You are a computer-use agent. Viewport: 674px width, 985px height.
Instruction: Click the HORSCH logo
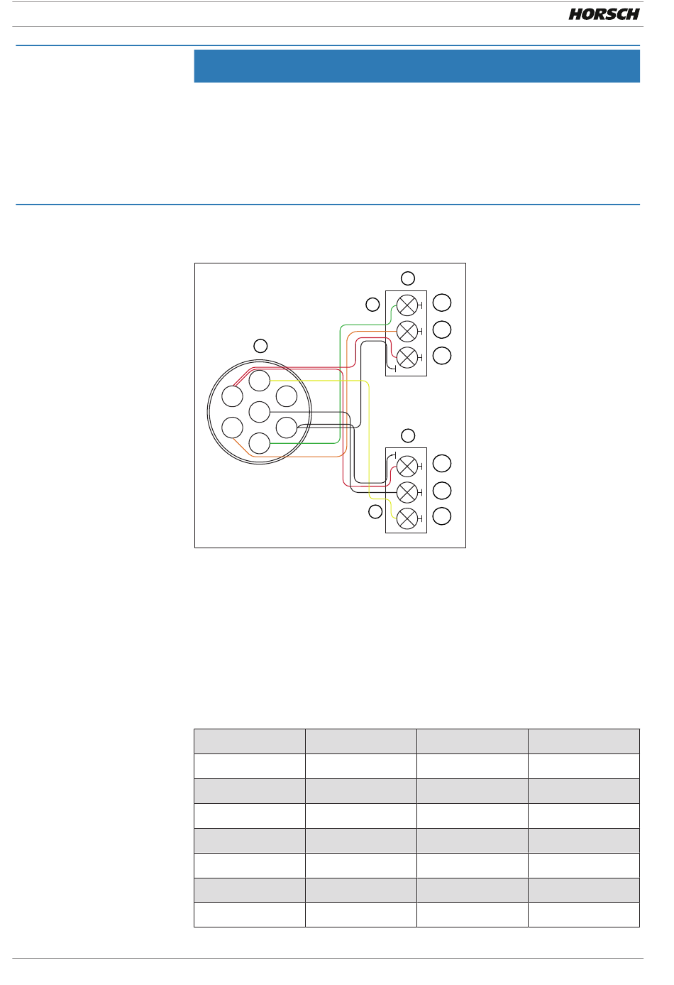tap(604, 14)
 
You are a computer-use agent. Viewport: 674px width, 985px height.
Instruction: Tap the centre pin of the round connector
tap(259, 412)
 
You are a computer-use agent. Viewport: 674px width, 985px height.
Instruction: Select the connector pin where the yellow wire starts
tap(259, 381)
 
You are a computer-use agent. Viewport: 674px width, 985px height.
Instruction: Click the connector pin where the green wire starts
tap(259, 443)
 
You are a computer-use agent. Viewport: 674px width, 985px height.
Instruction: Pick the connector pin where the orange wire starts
tap(233, 428)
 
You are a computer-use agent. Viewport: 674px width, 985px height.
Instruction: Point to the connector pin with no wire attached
tap(287, 396)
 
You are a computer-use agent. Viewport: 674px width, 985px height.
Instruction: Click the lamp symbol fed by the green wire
tap(407, 305)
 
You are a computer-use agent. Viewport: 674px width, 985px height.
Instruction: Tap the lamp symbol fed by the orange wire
tap(407, 331)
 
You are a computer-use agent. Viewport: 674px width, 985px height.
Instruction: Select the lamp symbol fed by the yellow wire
tap(407, 519)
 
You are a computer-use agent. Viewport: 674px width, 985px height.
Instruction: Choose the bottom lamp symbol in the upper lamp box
tap(407, 357)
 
